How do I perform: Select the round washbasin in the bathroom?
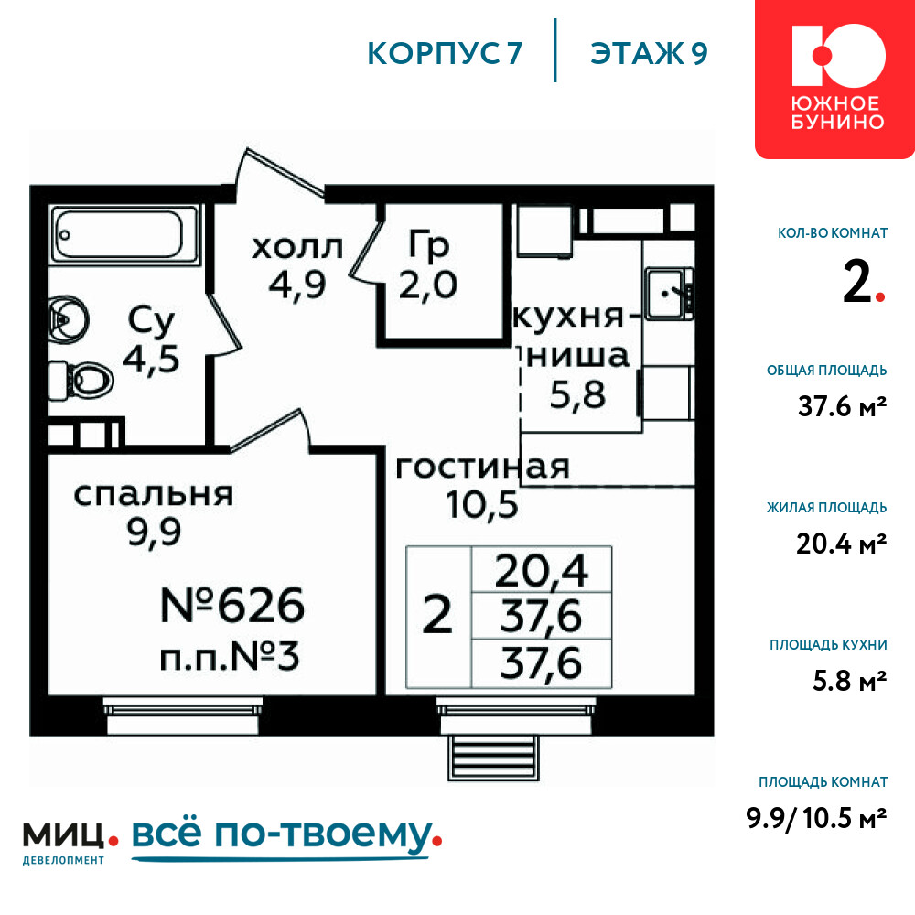coord(68,319)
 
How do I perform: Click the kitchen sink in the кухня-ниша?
coord(670,294)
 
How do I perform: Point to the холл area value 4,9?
coord(297,285)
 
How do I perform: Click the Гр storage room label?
coord(428,245)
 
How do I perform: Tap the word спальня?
coord(154,495)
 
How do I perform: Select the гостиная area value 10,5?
coord(482,505)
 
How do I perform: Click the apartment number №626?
coord(232,605)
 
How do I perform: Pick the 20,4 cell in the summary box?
coord(542,570)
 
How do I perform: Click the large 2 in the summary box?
coord(437,615)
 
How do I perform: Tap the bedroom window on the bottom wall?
coord(182,716)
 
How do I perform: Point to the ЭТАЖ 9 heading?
coord(649,54)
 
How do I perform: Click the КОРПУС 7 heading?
coord(445,54)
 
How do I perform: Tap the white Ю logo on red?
coord(838,56)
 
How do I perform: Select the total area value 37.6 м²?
coord(842,406)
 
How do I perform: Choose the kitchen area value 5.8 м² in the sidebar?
coord(850,681)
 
